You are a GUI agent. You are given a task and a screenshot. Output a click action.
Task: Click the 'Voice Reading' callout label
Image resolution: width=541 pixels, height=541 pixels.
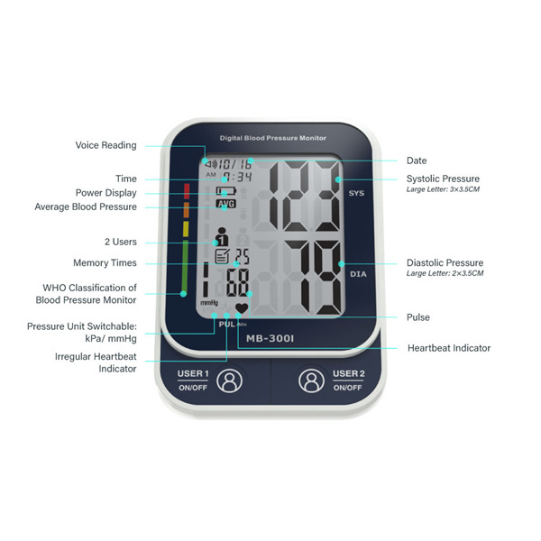tap(105, 145)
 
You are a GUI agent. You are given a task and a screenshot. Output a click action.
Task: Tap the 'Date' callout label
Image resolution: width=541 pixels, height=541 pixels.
tap(417, 160)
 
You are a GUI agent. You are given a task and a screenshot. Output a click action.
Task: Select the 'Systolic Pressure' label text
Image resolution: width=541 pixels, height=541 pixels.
tap(443, 179)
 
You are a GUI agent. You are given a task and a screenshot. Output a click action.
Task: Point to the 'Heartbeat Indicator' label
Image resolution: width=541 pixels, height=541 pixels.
tap(449, 348)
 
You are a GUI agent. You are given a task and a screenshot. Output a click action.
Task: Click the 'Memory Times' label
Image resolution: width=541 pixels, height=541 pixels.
tap(105, 263)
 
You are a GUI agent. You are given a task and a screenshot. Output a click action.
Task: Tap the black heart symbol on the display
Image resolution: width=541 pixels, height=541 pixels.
tap(242, 307)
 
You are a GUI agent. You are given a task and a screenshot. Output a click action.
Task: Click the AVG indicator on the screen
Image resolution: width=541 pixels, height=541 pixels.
tap(226, 204)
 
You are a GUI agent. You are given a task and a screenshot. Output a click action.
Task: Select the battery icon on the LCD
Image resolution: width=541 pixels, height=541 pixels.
tap(226, 190)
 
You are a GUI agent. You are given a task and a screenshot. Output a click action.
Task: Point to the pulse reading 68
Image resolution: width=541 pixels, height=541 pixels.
tap(237, 283)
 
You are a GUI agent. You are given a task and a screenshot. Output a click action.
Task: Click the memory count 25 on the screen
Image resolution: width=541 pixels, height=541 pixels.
tap(242, 256)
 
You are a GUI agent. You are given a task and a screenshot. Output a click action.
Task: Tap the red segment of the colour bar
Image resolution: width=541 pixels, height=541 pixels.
tap(187, 191)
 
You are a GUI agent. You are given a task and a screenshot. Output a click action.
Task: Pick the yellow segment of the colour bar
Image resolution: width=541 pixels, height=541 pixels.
tap(186, 229)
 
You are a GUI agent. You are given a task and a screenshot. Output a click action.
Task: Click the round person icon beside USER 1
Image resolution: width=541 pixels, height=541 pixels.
tap(229, 381)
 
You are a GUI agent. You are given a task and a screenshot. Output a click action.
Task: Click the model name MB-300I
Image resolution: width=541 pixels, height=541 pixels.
tap(270, 338)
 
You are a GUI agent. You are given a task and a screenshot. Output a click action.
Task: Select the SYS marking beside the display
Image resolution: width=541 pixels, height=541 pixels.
tap(356, 193)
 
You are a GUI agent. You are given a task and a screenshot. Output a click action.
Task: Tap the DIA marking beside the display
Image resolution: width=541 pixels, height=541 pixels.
tap(358, 274)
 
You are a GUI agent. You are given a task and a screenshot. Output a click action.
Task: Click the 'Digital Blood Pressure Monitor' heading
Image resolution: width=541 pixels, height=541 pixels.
tap(273, 138)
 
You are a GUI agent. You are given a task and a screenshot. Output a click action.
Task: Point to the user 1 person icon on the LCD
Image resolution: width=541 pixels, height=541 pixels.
tap(222, 236)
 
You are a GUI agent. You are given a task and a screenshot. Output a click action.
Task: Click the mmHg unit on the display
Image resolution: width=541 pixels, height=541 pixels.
tap(209, 303)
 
